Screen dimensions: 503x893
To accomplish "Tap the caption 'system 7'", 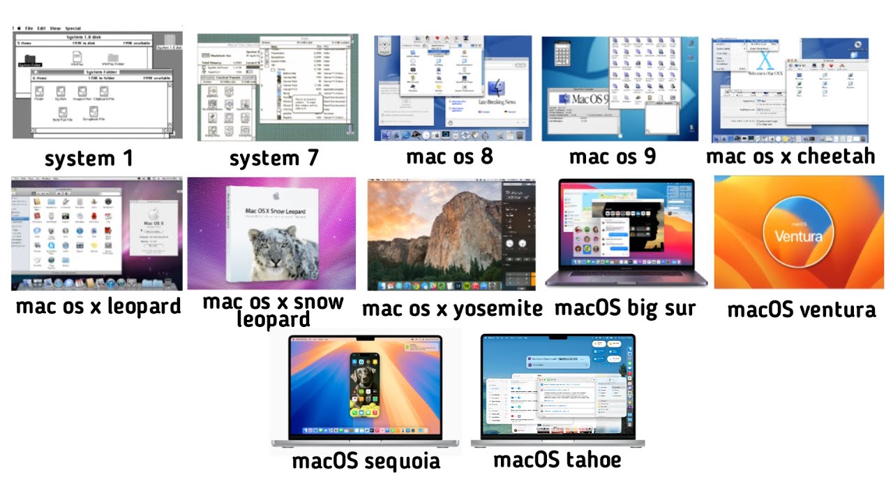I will (273, 159).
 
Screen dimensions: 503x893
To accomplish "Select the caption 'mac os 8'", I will (450, 156).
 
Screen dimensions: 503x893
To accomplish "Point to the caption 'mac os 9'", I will (613, 156).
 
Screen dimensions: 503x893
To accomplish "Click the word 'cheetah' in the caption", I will (836, 155).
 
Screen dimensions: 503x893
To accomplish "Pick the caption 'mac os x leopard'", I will (98, 306).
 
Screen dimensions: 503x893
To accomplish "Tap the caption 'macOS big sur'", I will (625, 308).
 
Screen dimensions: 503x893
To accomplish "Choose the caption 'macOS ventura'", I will (802, 309).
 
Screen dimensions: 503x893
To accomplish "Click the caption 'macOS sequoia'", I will (366, 461).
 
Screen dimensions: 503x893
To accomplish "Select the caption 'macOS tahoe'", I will (557, 460).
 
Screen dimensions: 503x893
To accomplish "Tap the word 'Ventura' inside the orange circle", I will (799, 235).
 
